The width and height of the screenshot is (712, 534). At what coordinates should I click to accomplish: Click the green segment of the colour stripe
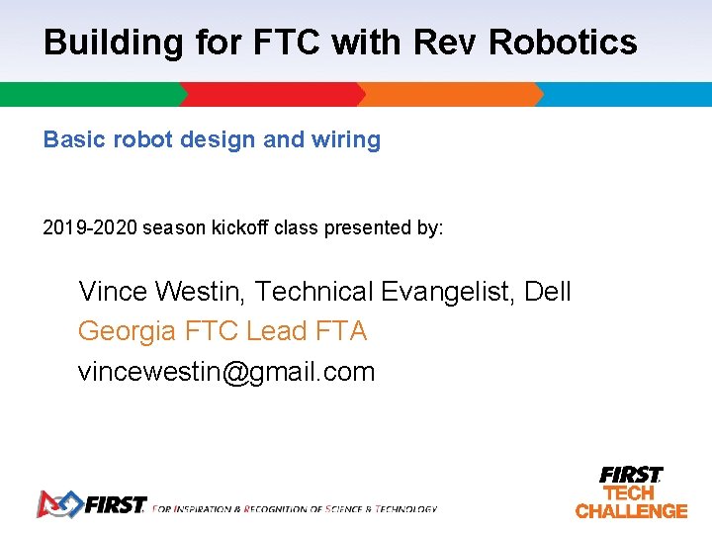89,95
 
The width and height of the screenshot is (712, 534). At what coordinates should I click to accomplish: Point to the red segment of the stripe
272,95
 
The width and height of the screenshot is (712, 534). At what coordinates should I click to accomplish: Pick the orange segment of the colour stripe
450,95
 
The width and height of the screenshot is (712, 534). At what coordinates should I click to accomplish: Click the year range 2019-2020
90,227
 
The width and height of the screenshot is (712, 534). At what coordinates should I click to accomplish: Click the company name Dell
548,292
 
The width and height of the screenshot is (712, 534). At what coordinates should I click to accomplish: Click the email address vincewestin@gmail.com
226,372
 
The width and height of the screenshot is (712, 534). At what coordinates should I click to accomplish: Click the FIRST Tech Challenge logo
631,491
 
